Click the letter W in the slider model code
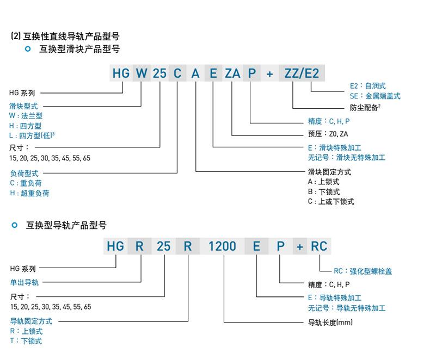142,73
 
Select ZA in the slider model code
232,73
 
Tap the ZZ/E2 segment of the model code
302,73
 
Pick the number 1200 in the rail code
222,246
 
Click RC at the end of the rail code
319,246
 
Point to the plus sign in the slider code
270,74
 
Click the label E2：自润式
368,86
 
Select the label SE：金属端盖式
375,96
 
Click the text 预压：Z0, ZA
328,134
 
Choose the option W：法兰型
26,116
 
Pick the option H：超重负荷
29,193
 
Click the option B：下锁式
324,191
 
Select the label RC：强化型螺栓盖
363,271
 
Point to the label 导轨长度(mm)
330,322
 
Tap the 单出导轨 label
24,282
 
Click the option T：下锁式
26,341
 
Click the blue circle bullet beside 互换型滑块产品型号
28,49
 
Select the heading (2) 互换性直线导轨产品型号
65,36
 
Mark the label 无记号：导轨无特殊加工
347,308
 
